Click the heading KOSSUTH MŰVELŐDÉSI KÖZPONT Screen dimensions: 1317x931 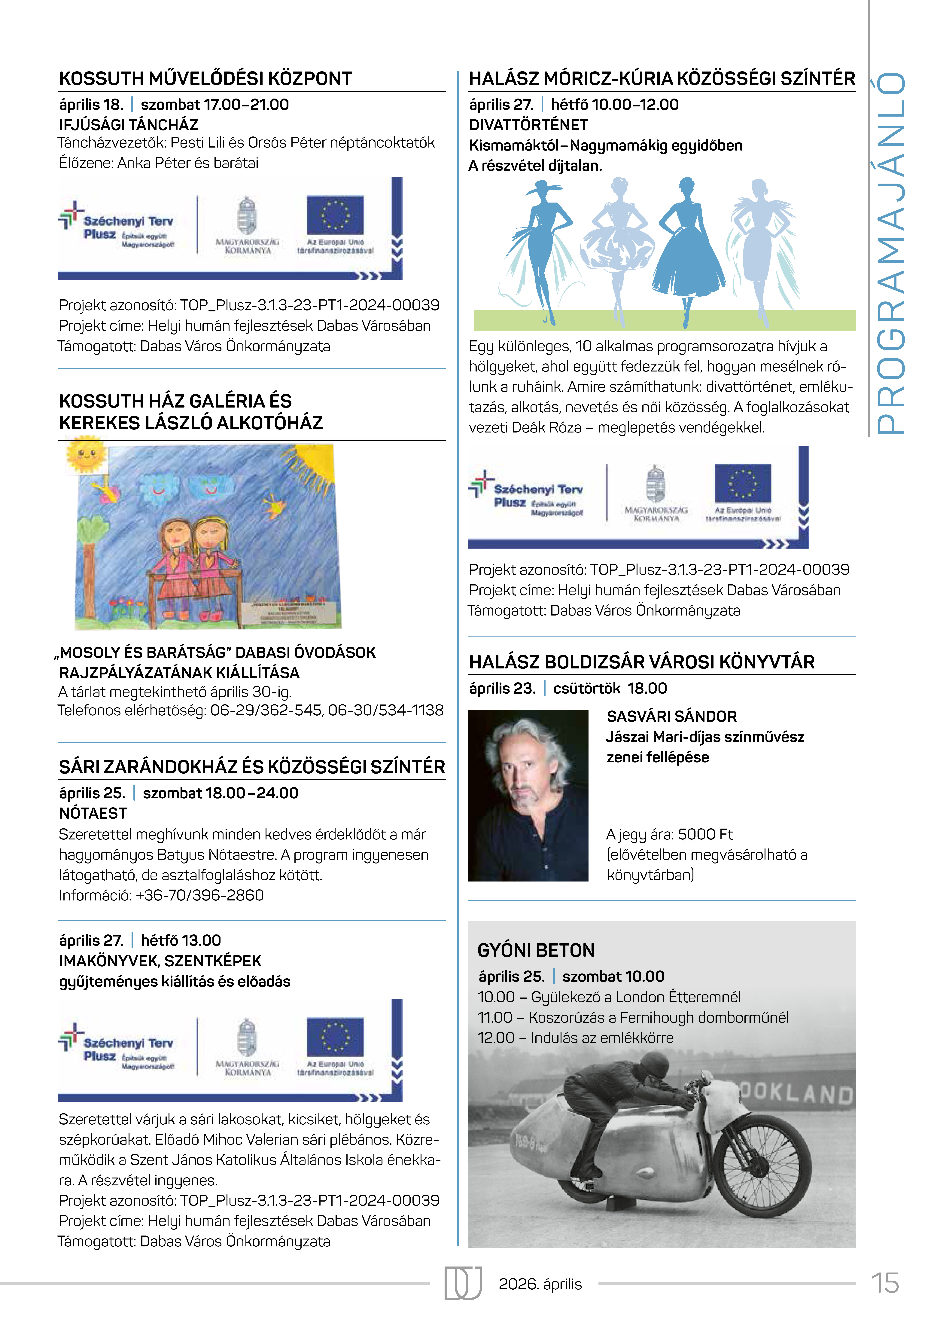click(205, 79)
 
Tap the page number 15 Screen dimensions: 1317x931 click(884, 1283)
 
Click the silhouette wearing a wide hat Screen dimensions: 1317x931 click(539, 241)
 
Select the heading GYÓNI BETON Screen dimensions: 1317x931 click(536, 950)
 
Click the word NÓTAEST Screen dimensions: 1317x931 click(93, 813)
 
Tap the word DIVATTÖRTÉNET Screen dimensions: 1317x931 click(528, 125)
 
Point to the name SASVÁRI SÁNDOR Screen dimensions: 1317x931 click(671, 717)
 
